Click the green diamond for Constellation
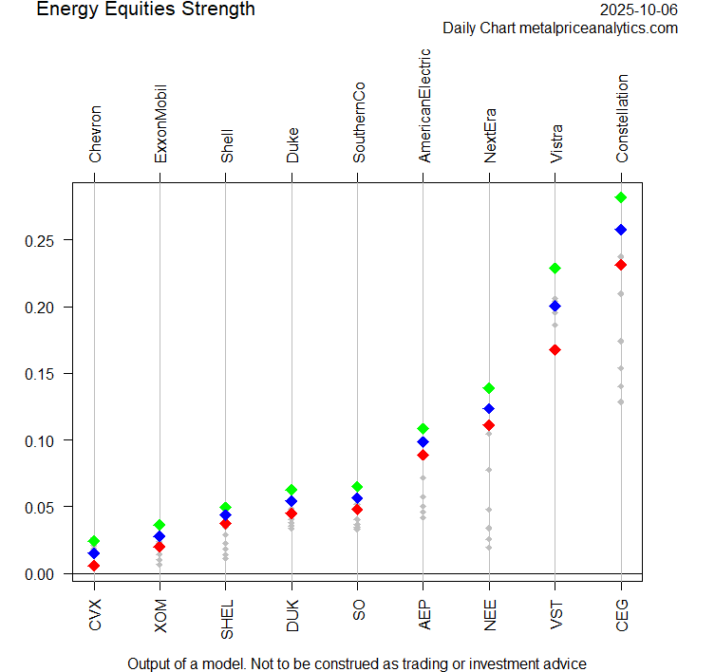[x=621, y=197]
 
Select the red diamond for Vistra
[x=555, y=350]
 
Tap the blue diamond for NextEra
[x=489, y=409]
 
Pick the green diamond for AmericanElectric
[x=423, y=429]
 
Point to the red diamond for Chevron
[x=94, y=566]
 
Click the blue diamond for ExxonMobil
[x=160, y=536]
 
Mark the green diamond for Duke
[x=292, y=490]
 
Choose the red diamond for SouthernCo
[x=357, y=510]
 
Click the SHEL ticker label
[x=226, y=619]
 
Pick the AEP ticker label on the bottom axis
[x=423, y=615]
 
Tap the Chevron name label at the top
[x=95, y=135]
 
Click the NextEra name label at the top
[x=490, y=139]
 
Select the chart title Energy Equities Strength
[x=145, y=9]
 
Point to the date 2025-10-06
[x=639, y=10]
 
